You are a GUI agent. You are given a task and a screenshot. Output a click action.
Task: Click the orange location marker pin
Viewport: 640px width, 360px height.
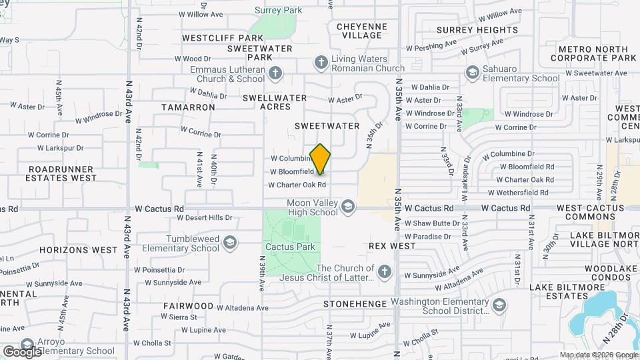[x=321, y=159]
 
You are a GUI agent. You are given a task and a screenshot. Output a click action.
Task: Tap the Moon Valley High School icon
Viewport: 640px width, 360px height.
[x=347, y=208]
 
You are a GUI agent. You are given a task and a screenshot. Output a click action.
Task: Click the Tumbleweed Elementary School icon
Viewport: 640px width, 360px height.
[x=230, y=242]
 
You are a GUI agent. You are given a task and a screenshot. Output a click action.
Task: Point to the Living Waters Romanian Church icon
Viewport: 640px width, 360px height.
[x=321, y=63]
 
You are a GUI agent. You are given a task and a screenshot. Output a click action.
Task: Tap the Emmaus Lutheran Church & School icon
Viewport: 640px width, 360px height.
[x=275, y=73]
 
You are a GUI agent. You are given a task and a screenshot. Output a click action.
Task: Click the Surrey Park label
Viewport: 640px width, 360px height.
[x=279, y=10]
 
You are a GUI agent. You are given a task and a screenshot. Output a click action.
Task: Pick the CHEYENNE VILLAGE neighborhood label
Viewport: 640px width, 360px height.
[x=361, y=31]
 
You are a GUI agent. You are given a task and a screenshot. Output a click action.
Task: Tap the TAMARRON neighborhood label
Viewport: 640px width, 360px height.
[x=188, y=107]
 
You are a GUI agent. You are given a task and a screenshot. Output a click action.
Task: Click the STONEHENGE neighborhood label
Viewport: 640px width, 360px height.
[x=355, y=304]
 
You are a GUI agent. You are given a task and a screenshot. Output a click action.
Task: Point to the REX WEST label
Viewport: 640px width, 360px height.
[x=392, y=246]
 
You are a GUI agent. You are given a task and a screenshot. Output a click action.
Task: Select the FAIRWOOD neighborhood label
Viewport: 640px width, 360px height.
[x=188, y=306]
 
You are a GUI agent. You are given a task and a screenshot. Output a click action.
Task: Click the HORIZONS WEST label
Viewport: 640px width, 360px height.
[x=87, y=250]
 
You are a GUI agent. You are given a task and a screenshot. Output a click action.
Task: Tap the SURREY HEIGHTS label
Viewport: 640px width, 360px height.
[x=473, y=29]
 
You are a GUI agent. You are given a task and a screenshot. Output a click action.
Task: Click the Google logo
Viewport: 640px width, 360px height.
[x=22, y=351]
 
